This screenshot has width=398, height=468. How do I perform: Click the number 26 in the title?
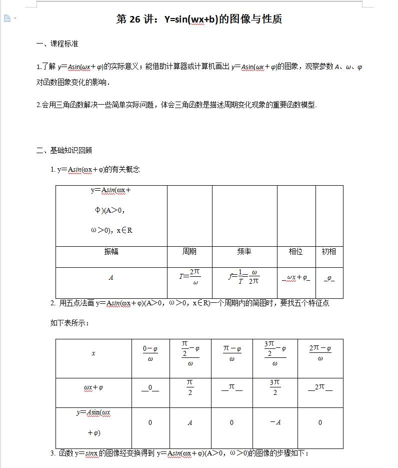pos(135,20)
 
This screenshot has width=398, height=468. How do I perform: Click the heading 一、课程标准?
pos(57,44)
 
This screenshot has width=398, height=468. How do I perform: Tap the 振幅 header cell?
pos(111,251)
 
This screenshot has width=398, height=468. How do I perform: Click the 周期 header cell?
pos(189,251)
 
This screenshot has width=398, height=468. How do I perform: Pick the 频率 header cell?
pos(244,251)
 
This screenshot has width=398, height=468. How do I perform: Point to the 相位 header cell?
pos(295,251)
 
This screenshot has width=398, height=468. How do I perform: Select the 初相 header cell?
pos(329,251)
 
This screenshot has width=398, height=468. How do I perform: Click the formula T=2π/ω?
pos(190,277)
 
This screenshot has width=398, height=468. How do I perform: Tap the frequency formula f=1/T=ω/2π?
pos(244,277)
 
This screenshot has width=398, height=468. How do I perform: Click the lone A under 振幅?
pos(111,278)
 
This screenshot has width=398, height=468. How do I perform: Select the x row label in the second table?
pos(93,353)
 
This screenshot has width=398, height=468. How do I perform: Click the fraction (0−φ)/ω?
pos(150,353)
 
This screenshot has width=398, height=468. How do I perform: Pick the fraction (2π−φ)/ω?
pos(320,353)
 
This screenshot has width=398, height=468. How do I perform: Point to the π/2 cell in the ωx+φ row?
pos(190,387)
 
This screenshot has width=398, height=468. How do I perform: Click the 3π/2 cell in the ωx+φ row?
pos(275,387)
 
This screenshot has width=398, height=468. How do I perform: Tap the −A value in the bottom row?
pos(275,422)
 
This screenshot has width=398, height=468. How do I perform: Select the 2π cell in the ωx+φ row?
pos(320,387)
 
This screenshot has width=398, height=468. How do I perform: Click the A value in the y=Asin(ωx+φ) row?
pos(190,423)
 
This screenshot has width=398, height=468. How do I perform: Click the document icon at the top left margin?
pos(7,19)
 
